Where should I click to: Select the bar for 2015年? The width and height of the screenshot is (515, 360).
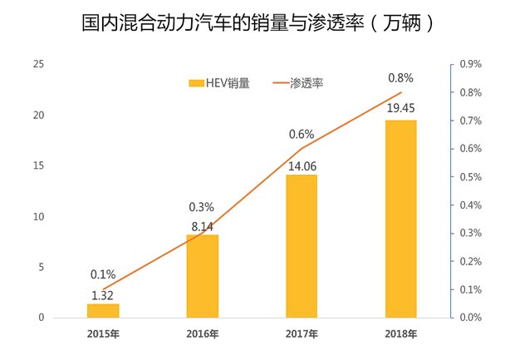tap(102, 310)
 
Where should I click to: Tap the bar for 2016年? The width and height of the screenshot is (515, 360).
tap(202, 276)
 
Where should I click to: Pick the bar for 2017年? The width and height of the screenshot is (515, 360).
tap(302, 246)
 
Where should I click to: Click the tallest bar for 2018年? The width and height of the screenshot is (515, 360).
tap(401, 219)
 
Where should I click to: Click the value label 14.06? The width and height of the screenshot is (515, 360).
tap(302, 165)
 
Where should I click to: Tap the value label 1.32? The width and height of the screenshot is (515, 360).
tap(102, 294)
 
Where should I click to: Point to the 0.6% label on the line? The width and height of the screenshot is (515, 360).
tap(302, 133)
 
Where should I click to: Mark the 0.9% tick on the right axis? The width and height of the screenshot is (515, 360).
tap(471, 64)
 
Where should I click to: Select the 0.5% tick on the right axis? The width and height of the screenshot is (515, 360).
tap(471, 177)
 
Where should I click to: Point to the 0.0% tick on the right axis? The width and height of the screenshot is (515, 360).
tap(471, 318)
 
